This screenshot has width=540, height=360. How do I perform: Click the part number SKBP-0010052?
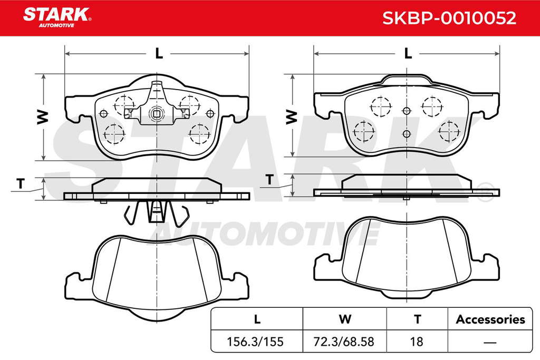(449, 18)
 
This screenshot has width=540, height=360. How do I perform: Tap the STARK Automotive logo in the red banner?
(57, 17)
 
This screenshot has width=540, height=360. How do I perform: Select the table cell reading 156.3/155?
(255, 342)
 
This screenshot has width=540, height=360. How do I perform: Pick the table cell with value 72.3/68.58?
(343, 342)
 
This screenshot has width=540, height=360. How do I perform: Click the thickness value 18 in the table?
(417, 342)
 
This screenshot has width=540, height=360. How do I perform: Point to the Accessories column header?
(490, 319)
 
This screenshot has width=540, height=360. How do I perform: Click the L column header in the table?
(257, 319)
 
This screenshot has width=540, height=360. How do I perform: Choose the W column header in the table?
(345, 319)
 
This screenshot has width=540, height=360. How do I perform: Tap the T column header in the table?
(418, 319)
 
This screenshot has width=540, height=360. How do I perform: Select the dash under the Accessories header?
(490, 343)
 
